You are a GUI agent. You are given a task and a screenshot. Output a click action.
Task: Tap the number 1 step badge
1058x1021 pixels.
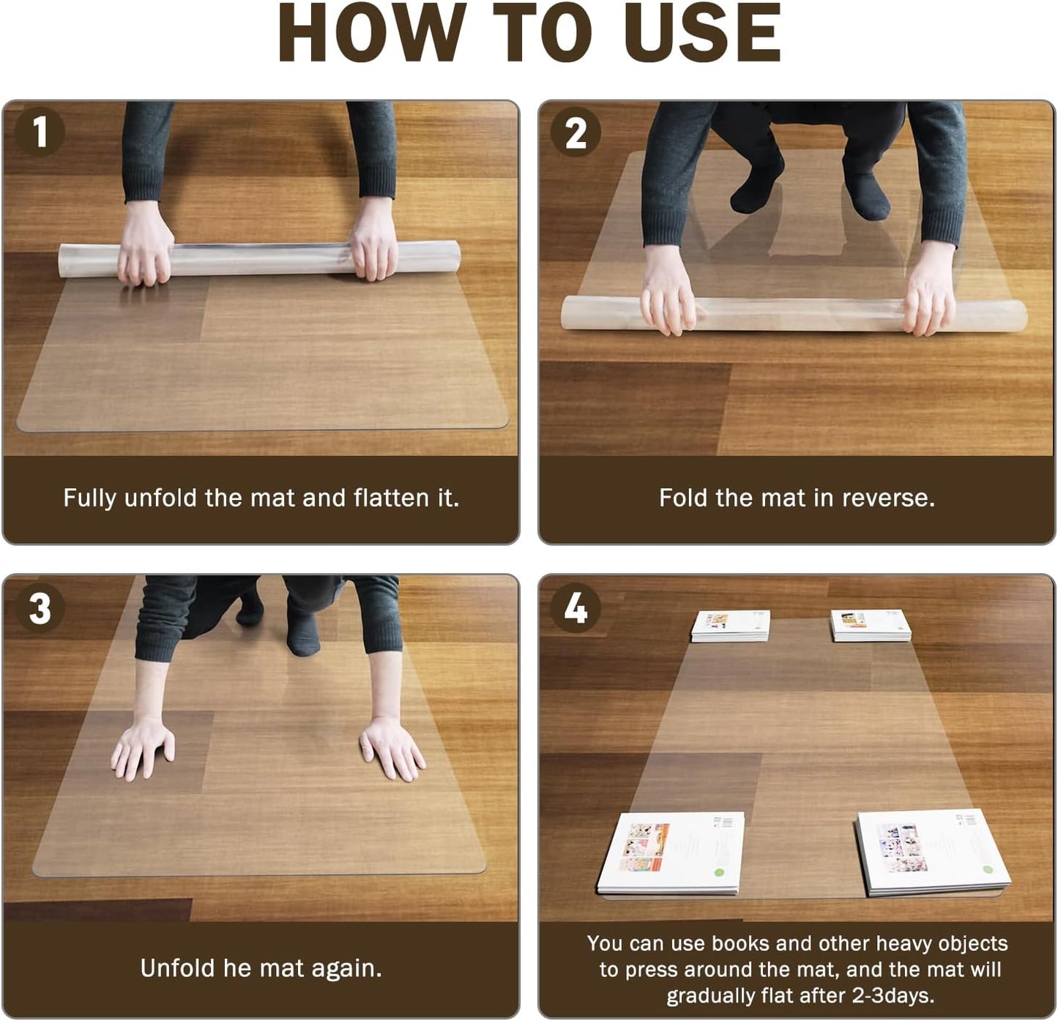(40, 132)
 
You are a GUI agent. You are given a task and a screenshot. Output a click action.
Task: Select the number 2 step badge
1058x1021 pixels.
(575, 132)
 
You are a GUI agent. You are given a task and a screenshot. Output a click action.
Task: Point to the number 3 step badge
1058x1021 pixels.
(40, 607)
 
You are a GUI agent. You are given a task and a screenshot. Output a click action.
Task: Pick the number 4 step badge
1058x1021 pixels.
(575, 607)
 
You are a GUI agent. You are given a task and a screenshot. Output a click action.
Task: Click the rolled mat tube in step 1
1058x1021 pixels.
(259, 258)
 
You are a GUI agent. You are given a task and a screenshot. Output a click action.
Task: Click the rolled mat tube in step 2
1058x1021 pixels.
(794, 314)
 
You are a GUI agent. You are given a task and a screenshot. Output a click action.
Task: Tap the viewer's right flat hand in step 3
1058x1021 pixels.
(392, 749)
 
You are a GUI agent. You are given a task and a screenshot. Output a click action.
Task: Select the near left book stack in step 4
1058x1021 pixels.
(671, 853)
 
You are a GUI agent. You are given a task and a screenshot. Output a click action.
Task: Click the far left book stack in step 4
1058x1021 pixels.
(730, 626)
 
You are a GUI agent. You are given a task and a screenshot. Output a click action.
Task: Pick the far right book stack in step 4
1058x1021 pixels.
(871, 625)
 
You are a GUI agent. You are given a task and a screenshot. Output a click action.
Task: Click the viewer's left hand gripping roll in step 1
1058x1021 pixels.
(145, 244)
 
